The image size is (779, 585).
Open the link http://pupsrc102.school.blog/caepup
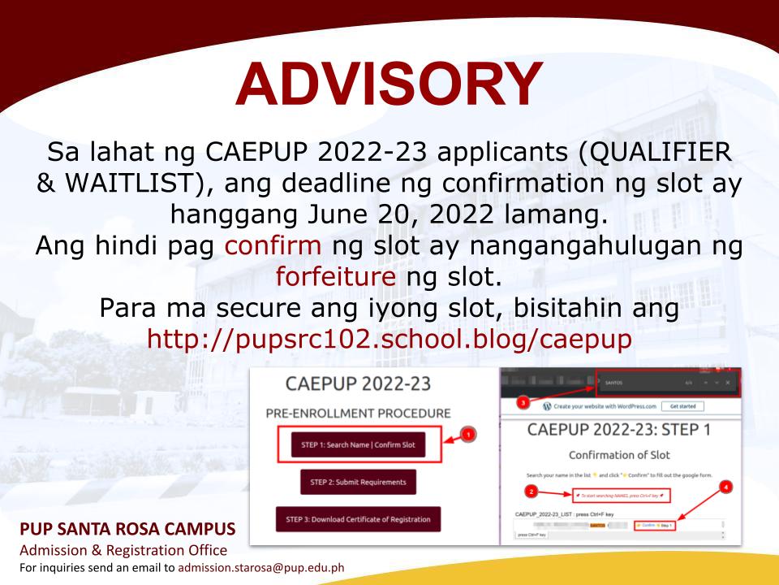coord(389,340)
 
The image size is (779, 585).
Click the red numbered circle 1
coord(468,435)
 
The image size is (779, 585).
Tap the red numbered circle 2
coord(531,491)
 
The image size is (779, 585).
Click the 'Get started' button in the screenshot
coord(682,406)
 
